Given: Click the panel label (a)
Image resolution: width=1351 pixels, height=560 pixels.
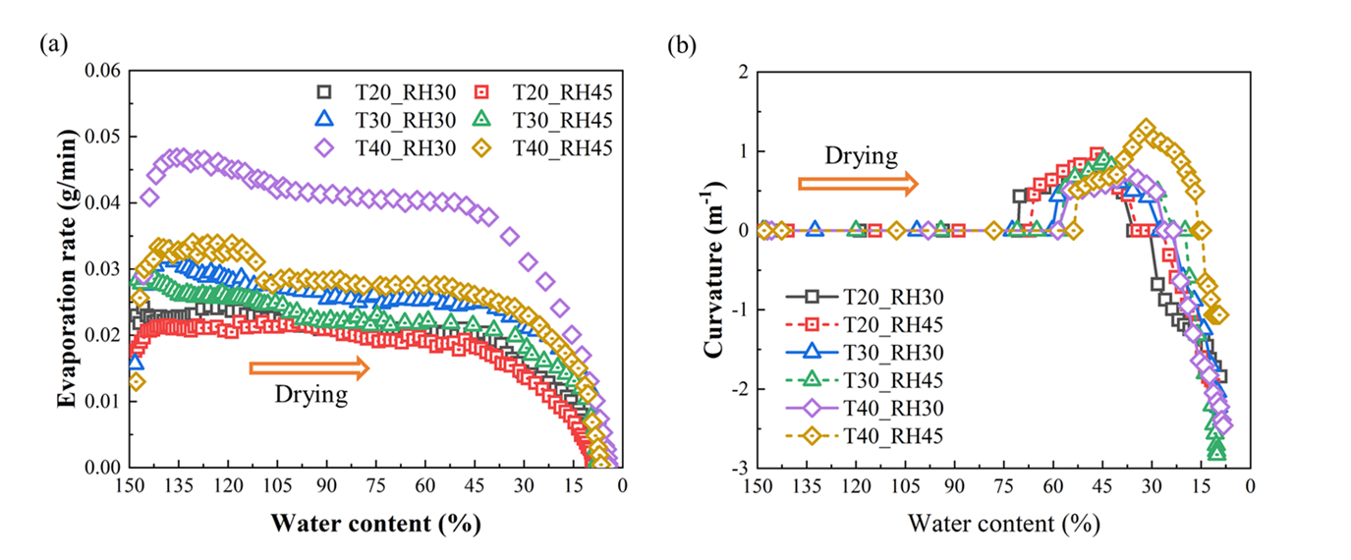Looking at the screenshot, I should click(x=52, y=43).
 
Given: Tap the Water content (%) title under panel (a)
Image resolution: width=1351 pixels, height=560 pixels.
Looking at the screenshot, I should click(x=373, y=524).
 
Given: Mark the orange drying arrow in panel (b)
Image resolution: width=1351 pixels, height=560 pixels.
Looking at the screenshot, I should click(x=858, y=184).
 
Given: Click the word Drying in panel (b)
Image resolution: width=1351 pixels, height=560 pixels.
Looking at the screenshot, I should click(x=860, y=155).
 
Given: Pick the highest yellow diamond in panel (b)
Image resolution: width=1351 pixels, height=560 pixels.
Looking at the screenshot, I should click(x=1145, y=129).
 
